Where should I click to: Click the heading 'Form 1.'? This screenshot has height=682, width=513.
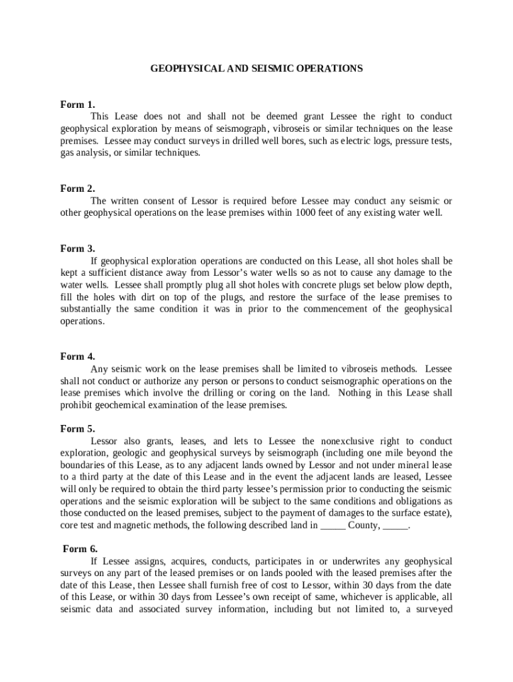(x=77, y=105)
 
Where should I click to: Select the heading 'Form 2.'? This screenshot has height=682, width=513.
(x=77, y=188)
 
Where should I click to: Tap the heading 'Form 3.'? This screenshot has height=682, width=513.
(x=77, y=248)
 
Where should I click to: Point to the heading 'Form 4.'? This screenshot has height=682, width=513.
(x=77, y=356)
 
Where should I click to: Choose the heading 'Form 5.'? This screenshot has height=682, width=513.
(x=77, y=429)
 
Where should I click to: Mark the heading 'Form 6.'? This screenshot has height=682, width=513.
(x=80, y=549)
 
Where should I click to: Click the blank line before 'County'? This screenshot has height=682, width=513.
(x=333, y=525)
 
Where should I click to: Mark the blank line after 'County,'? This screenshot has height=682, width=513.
(x=396, y=525)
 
